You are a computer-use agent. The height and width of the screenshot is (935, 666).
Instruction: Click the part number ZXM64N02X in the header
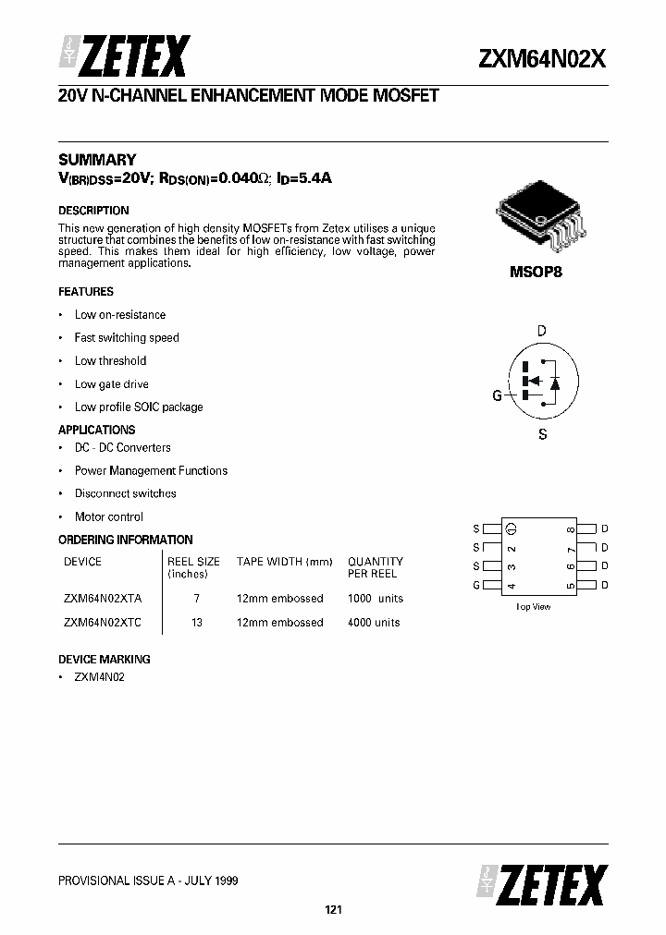(x=542, y=59)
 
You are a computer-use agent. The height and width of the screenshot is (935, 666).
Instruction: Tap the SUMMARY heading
(x=97, y=160)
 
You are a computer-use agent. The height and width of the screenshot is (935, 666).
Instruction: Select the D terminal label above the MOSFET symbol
(x=542, y=331)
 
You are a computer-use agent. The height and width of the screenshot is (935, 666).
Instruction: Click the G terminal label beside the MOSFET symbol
(x=497, y=395)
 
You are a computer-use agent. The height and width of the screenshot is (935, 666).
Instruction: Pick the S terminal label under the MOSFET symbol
(x=542, y=434)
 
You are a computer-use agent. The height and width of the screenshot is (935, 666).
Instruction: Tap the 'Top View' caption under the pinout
(x=533, y=607)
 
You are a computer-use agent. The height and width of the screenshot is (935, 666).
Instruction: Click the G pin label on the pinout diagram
(x=476, y=585)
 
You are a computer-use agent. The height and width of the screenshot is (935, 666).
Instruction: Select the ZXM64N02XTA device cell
(x=104, y=599)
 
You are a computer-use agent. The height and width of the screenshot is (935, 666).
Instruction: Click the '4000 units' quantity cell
(x=374, y=623)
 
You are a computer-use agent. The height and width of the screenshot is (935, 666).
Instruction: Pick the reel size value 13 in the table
(x=196, y=623)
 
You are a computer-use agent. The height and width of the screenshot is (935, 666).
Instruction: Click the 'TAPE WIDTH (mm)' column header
(x=284, y=562)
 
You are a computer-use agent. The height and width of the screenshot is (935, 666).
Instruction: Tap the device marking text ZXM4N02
(x=99, y=677)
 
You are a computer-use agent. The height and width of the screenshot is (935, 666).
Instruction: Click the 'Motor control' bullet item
(x=109, y=517)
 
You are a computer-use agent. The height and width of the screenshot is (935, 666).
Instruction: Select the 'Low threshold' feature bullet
(x=110, y=361)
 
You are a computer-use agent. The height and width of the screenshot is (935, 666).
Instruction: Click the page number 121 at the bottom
(x=333, y=911)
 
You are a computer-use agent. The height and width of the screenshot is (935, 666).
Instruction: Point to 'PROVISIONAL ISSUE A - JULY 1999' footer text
(x=148, y=880)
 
